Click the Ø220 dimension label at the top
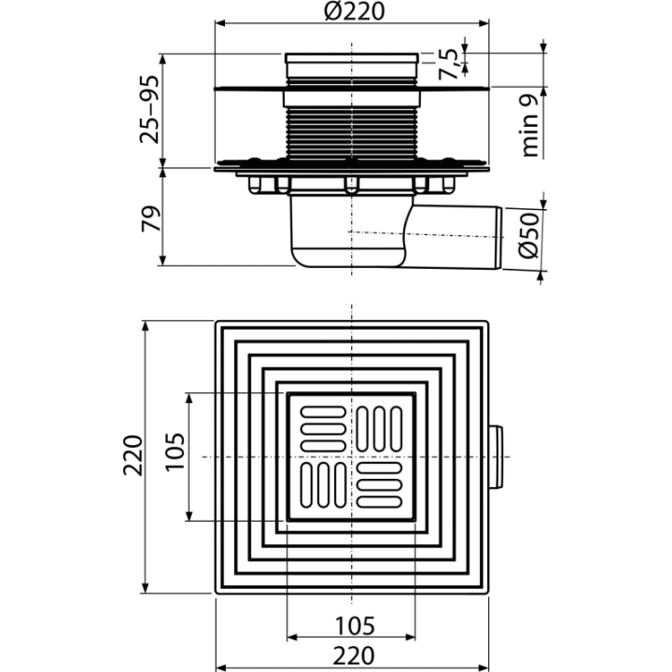pyautogui.click(x=354, y=11)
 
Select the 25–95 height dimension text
pyautogui.click(x=149, y=109)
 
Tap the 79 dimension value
pyautogui.click(x=151, y=219)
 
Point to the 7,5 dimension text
pyautogui.click(x=447, y=64)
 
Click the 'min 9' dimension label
pyautogui.click(x=529, y=126)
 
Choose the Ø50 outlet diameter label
pyautogui.click(x=528, y=235)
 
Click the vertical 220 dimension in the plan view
pyautogui.click(x=133, y=455)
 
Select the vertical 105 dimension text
pyautogui.click(x=175, y=452)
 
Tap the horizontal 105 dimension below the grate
pyautogui.click(x=355, y=626)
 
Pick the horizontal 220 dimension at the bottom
pyautogui.click(x=354, y=656)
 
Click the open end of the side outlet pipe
pyautogui.click(x=498, y=238)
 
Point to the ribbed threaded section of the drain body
pyautogui.click(x=352, y=133)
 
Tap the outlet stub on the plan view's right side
pyautogui.click(x=496, y=456)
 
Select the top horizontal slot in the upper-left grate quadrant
pyautogui.click(x=323, y=412)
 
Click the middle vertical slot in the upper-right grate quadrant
pyautogui.click(x=379, y=429)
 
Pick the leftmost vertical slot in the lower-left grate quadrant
pyautogui.click(x=306, y=485)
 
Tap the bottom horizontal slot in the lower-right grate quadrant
pyautogui.click(x=379, y=502)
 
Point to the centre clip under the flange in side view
pyautogui.click(x=352, y=184)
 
